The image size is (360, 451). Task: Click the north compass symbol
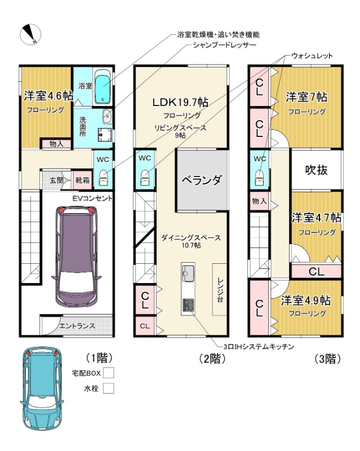click(x=30, y=34)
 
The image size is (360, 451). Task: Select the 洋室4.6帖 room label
click(x=48, y=95)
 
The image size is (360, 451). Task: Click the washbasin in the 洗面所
click(x=108, y=117)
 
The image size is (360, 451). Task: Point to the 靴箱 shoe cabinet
click(x=82, y=180)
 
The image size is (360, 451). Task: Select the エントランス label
click(x=77, y=326)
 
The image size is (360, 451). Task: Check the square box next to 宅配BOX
click(x=108, y=373)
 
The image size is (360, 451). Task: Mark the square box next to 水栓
click(x=108, y=388)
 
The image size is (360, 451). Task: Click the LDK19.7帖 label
click(x=180, y=102)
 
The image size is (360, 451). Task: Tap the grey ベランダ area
click(x=202, y=180)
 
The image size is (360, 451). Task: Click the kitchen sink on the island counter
click(x=188, y=273)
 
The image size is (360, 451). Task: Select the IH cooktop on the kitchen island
click(x=188, y=306)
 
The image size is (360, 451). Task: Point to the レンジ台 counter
click(x=220, y=289)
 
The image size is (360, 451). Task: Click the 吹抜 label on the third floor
click(x=316, y=170)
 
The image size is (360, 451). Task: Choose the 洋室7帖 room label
click(x=306, y=97)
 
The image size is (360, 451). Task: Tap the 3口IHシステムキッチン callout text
click(x=259, y=347)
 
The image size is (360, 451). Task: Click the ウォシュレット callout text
click(x=312, y=56)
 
